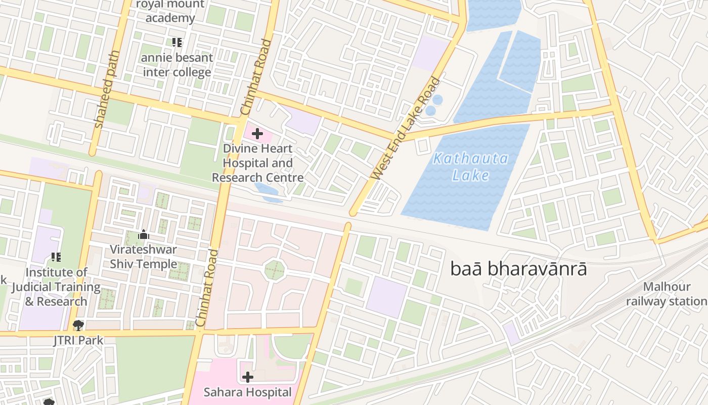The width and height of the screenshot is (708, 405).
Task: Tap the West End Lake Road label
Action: click(x=406, y=129)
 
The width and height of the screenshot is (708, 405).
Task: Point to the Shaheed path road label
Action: click(x=107, y=89)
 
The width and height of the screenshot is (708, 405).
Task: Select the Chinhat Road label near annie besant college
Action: click(x=256, y=77)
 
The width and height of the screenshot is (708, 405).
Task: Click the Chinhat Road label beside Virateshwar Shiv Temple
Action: click(x=207, y=287)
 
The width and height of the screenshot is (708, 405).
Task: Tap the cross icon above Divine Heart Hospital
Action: click(x=257, y=134)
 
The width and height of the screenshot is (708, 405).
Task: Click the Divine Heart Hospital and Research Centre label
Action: click(x=258, y=163)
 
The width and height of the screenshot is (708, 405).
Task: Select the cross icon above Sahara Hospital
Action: click(x=248, y=377)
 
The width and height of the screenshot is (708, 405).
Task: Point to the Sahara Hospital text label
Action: click(x=248, y=392)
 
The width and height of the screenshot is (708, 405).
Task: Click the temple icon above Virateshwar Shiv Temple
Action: click(x=144, y=234)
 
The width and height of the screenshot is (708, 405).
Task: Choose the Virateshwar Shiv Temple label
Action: click(x=144, y=257)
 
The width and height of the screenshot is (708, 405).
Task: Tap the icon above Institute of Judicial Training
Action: click(x=56, y=257)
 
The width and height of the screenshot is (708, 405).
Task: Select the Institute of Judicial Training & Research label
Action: click(x=56, y=287)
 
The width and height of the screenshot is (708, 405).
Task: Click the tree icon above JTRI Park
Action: click(x=78, y=325)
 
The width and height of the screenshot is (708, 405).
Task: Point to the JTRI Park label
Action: click(x=78, y=340)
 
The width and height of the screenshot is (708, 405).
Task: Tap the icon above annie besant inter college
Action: click(x=176, y=43)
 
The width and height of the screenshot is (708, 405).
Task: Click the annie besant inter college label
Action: click(x=176, y=65)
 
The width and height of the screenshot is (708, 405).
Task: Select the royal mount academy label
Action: click(x=170, y=11)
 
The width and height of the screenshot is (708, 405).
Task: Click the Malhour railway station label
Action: click(x=667, y=294)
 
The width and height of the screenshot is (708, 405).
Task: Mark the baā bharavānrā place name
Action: click(x=518, y=269)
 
